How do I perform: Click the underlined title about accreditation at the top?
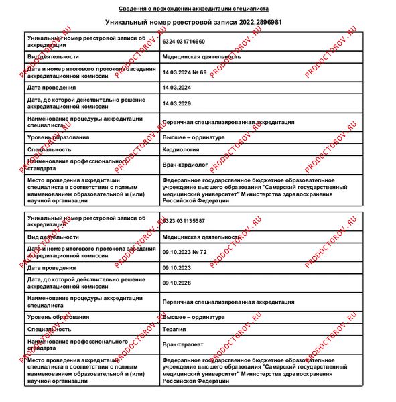pyautogui.click(x=194, y=9)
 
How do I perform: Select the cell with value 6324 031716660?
pyautogui.click(x=184, y=41)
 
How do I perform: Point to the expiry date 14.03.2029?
pyautogui.click(x=177, y=103)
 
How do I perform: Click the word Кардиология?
pyautogui.click(x=180, y=149)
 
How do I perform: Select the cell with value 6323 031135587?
pyautogui.click(x=184, y=220)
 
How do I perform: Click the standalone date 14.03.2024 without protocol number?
pyautogui.click(x=177, y=88)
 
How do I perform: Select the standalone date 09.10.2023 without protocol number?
pyautogui.click(x=177, y=268)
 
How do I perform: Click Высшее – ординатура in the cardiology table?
pyautogui.click(x=194, y=137)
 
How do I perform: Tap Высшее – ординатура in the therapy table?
pyautogui.click(x=194, y=317)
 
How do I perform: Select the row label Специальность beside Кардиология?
pyautogui.click(x=49, y=149)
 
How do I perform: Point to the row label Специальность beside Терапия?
pyautogui.click(x=49, y=329)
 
